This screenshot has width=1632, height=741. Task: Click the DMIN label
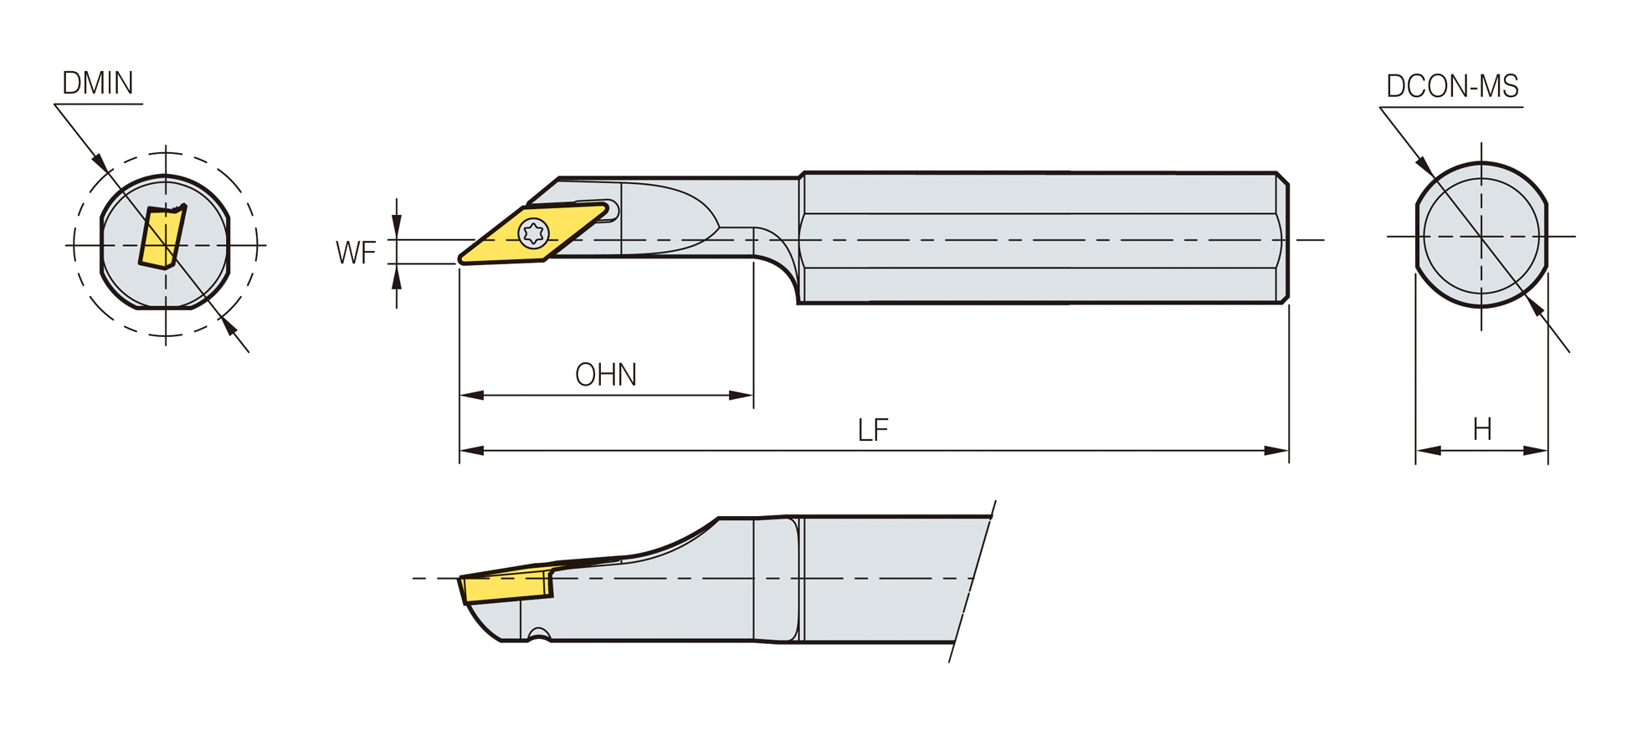tap(98, 83)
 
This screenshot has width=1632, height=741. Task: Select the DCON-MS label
tap(1452, 86)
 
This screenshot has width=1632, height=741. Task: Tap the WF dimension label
tap(356, 253)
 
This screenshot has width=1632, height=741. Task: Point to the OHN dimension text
tap(606, 375)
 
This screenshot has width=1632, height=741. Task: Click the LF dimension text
tap(873, 430)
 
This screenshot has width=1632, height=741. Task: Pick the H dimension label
tap(1482, 429)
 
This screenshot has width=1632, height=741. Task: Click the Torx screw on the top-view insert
tap(533, 233)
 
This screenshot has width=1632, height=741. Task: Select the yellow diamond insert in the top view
tap(534, 233)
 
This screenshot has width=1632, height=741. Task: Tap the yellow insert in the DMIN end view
tap(162, 238)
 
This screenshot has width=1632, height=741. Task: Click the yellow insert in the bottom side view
tap(506, 586)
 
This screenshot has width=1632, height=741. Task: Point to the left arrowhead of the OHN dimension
tap(472, 395)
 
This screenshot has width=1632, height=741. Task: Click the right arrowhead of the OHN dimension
tap(741, 395)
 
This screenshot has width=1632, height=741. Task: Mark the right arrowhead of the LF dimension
tap(1276, 451)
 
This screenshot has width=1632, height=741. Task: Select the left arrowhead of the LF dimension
tap(472, 451)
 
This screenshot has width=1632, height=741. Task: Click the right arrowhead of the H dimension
tap(1536, 451)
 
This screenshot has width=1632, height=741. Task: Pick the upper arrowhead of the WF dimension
tap(397, 227)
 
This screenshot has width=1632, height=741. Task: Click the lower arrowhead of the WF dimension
tap(397, 276)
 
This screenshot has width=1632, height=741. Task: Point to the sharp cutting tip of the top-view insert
tap(460, 261)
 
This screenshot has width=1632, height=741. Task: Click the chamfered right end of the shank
tap(1282, 238)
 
